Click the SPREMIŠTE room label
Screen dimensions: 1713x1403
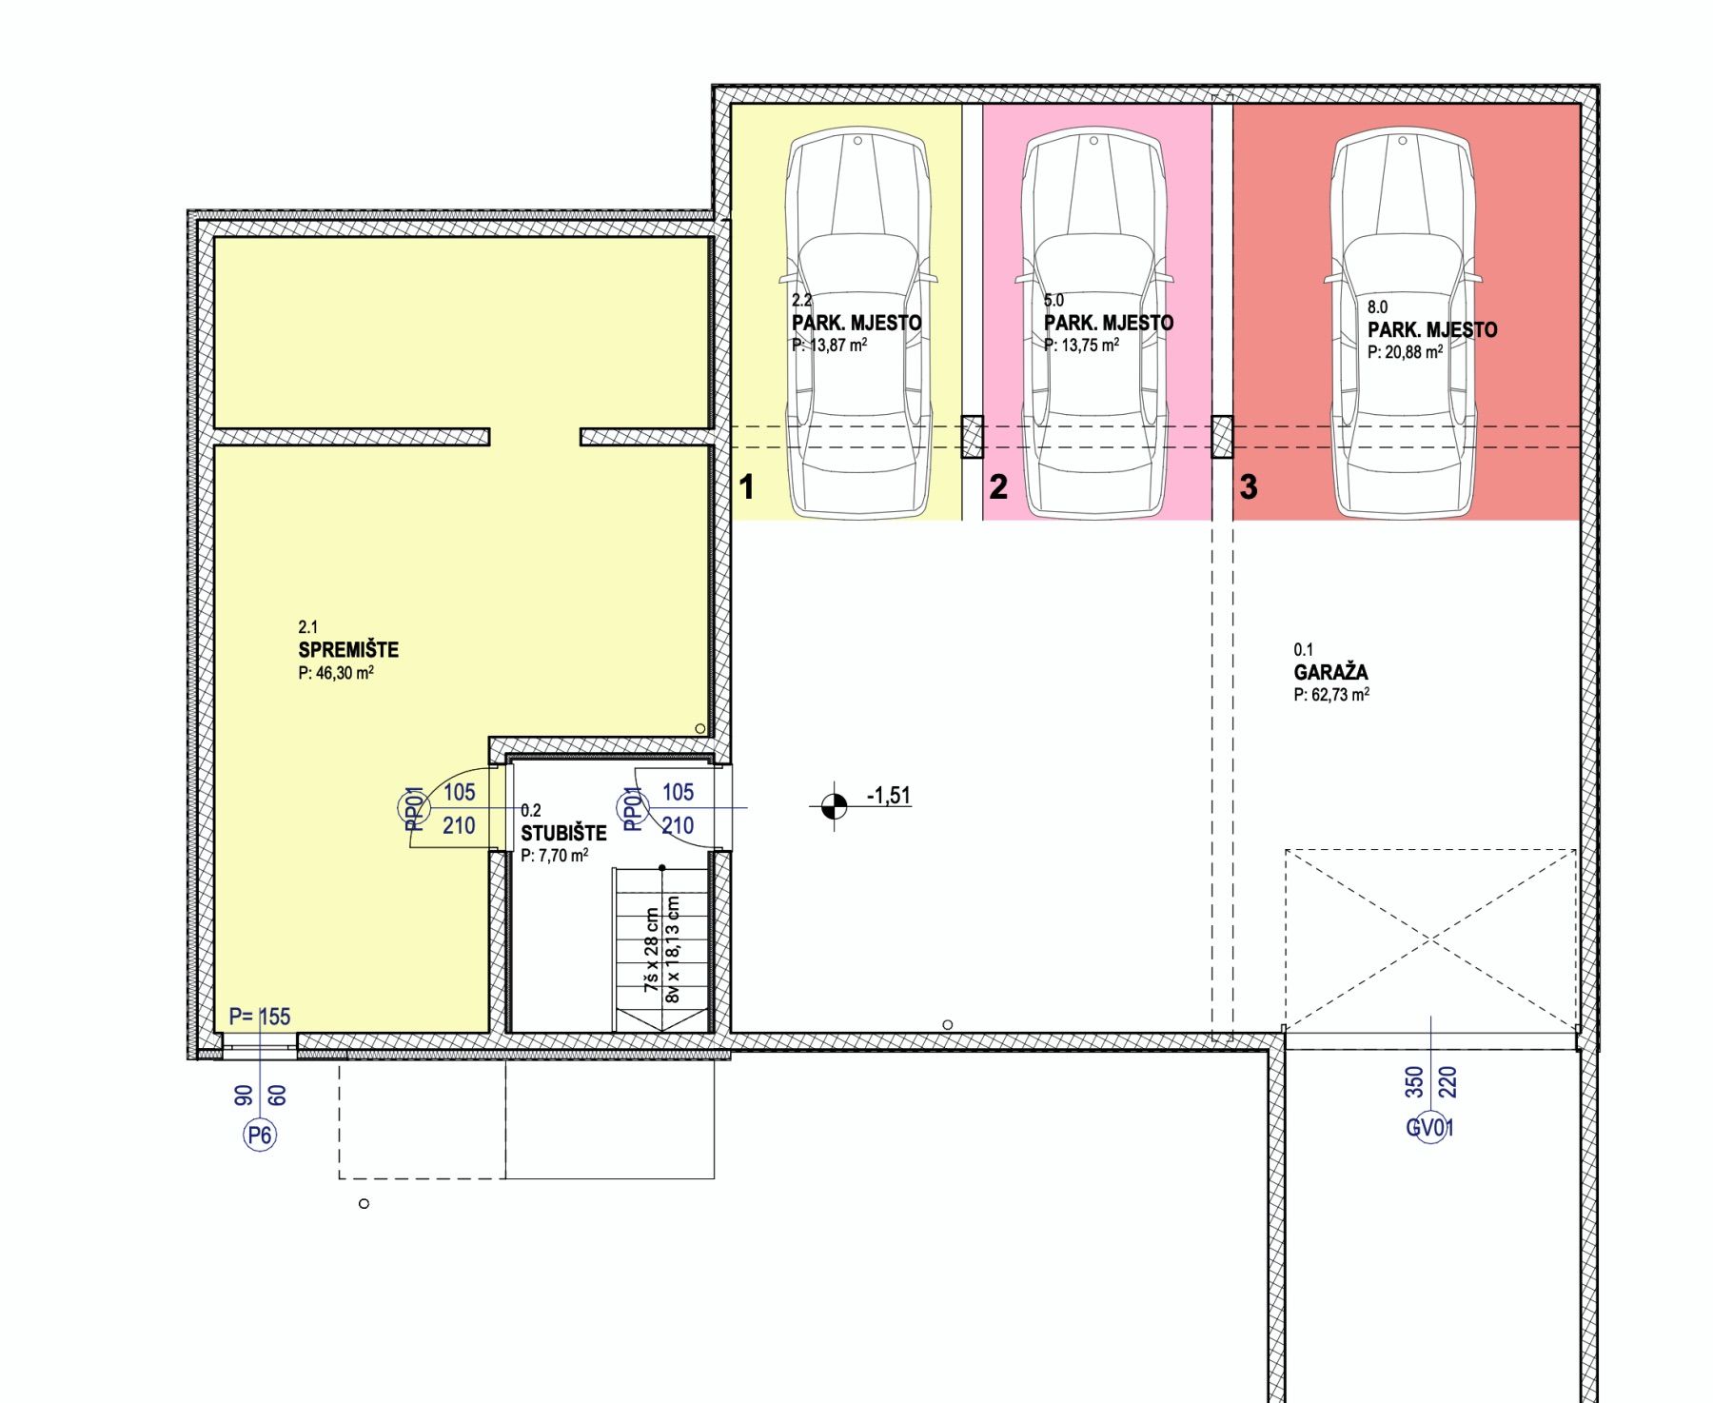coord(348,650)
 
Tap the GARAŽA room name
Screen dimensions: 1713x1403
coord(1330,672)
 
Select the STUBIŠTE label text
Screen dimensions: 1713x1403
coord(563,833)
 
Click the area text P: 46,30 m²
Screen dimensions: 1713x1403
coord(336,673)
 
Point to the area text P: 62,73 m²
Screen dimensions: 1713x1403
coord(1331,695)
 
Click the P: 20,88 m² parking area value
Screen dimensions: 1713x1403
coord(1406,352)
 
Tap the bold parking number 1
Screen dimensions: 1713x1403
coord(747,486)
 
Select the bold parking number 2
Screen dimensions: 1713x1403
coord(998,486)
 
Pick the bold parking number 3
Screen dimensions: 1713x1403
coord(1249,486)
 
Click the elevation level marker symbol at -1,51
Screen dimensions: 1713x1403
coord(835,806)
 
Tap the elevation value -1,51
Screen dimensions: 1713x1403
coord(889,795)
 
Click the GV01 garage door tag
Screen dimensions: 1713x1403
coord(1430,1128)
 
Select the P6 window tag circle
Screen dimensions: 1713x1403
coord(260,1135)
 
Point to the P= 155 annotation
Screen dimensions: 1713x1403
coord(260,1017)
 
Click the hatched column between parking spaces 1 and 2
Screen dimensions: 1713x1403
coord(972,437)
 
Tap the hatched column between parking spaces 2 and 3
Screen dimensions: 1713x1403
coord(1222,437)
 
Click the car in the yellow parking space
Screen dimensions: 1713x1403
coord(857,324)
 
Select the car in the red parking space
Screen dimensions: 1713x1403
coord(1403,324)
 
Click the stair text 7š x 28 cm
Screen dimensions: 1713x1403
coord(652,950)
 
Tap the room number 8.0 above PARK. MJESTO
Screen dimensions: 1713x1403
coord(1377,307)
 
